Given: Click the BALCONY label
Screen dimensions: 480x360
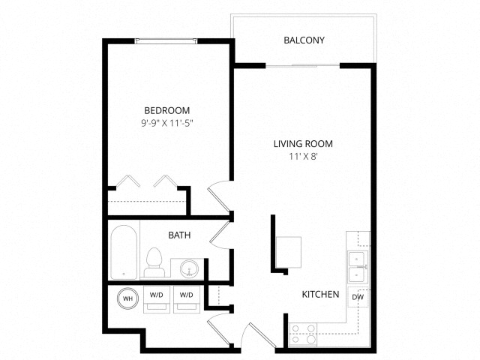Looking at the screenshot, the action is coord(304,40).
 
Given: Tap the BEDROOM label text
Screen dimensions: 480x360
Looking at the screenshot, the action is coord(166,110).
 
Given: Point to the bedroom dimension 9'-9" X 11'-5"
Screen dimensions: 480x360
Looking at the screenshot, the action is coord(166,123).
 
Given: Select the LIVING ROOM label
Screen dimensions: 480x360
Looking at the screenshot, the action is coord(303,143).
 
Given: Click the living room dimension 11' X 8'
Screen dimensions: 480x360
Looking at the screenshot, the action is coord(303,157).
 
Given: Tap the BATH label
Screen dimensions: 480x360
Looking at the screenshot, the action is coord(179,235).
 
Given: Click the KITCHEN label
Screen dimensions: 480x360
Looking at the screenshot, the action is coord(320,294).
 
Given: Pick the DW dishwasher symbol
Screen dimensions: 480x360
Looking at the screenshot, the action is coord(358,297).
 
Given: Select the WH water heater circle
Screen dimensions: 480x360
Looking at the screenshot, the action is coord(127,298).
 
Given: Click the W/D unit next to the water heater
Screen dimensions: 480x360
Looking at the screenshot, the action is coord(157,299).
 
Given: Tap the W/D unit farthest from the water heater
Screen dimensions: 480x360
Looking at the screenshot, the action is coord(187,299).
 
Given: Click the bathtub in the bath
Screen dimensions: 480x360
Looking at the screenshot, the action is coord(124,252).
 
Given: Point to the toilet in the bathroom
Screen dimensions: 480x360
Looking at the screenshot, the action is coord(154,262).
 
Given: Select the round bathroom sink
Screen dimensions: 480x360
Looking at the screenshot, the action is coord(189,268).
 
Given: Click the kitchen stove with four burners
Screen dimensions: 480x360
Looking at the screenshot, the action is coord(303,334).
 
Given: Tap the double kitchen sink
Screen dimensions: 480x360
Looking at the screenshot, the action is coord(358,267).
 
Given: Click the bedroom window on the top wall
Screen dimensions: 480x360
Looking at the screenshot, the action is coord(166,41).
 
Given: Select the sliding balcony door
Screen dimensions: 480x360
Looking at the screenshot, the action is coord(302,65).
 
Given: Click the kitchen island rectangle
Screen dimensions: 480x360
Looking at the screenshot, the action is coord(288,252).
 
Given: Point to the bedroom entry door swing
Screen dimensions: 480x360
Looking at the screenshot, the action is coord(219,196).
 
